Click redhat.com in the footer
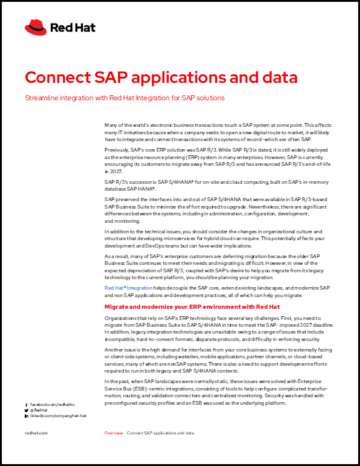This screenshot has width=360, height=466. (36, 433)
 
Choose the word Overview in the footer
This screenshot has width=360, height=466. (113, 433)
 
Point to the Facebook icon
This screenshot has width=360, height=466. (27, 403)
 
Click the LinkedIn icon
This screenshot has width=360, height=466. (27, 416)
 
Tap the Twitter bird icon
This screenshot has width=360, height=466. (27, 410)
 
